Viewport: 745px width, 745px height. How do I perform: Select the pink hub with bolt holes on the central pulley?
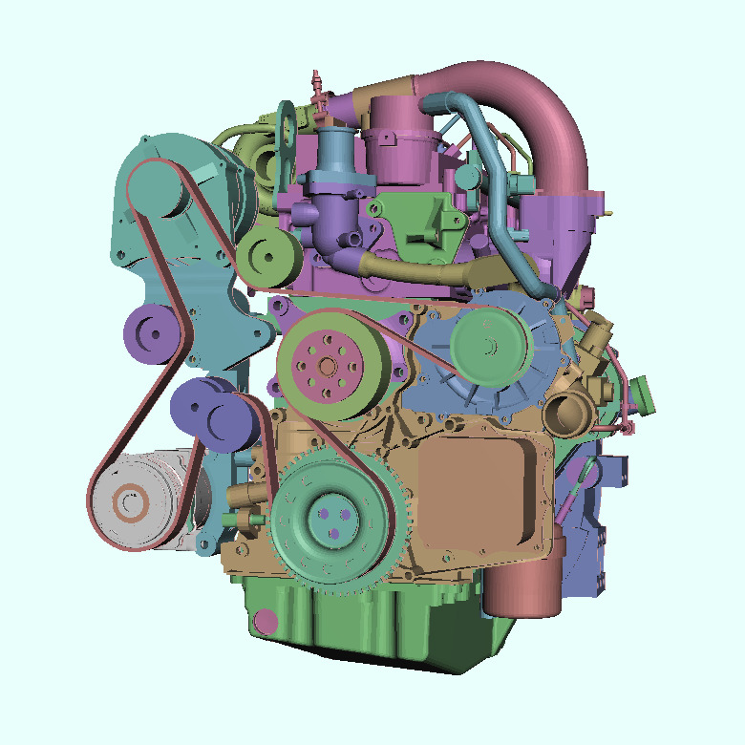(x=327, y=365)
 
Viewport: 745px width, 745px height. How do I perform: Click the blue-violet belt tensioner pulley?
(x=215, y=415)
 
